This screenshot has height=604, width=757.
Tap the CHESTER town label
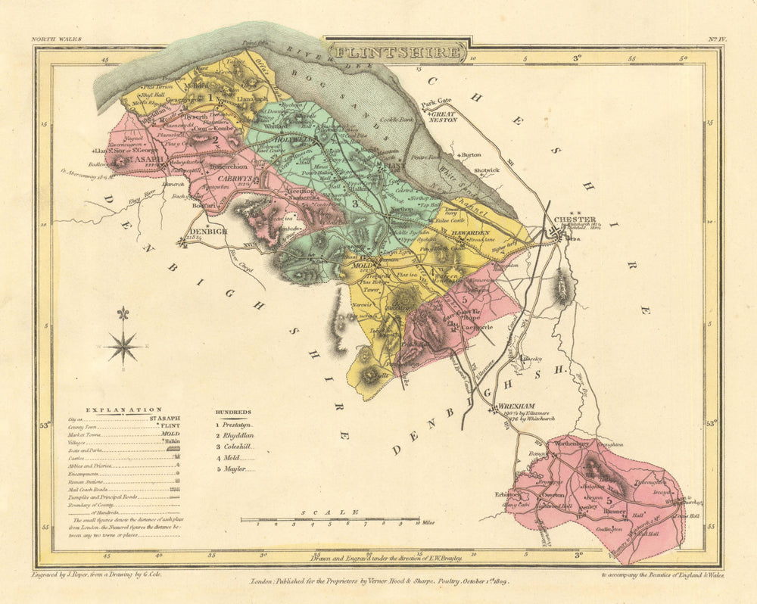click(x=575, y=220)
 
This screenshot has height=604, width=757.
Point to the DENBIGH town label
click(x=207, y=231)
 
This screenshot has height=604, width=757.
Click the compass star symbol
click(x=123, y=345)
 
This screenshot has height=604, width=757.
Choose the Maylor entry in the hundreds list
click(x=235, y=469)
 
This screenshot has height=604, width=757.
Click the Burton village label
click(x=471, y=154)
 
